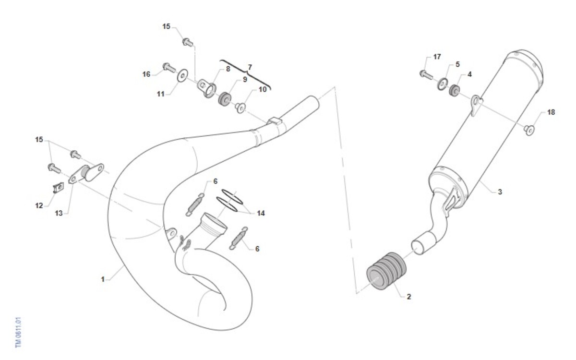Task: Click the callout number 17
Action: click(x=437, y=57)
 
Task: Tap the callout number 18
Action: click(x=551, y=112)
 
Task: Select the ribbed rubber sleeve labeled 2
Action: click(x=386, y=271)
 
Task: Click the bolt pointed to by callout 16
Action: click(x=169, y=67)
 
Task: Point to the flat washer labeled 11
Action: click(x=182, y=76)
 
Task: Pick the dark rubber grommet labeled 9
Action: click(x=224, y=99)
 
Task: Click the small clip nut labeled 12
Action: click(x=59, y=188)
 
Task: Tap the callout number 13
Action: click(x=59, y=213)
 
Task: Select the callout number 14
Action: click(x=261, y=213)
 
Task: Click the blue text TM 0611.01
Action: click(x=18, y=333)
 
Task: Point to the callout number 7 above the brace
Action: click(x=250, y=67)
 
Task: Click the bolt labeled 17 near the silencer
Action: click(x=426, y=74)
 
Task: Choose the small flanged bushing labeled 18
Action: click(x=529, y=130)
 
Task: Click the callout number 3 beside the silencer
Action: click(x=500, y=192)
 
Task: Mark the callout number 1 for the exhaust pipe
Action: click(x=103, y=279)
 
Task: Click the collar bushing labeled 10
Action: click(x=240, y=108)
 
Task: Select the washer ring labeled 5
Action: click(x=443, y=84)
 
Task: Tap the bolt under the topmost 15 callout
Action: click(x=188, y=42)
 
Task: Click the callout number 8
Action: click(x=228, y=69)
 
